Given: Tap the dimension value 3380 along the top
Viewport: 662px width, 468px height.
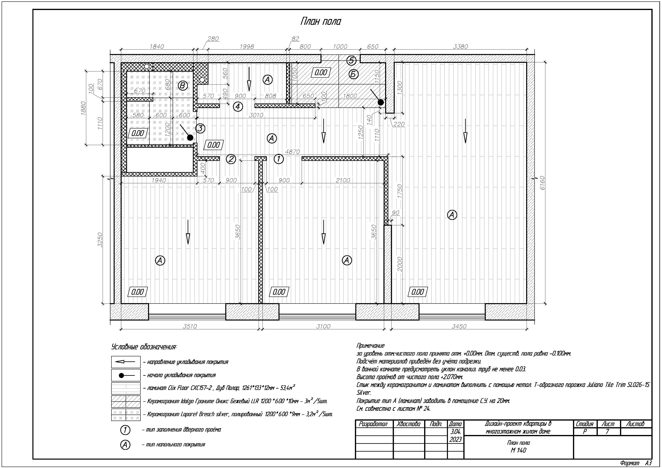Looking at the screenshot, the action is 461,47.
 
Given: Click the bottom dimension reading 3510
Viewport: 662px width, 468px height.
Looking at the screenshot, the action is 190,326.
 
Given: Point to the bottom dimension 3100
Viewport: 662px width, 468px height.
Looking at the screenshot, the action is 323,326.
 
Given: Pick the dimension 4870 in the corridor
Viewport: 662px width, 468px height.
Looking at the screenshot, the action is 292,152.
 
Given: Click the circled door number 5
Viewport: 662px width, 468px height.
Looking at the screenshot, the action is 351,61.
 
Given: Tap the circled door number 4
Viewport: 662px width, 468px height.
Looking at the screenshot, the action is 238,107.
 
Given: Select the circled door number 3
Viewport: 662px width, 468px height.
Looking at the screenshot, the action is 200,128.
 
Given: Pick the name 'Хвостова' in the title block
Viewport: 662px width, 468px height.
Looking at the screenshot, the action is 409,424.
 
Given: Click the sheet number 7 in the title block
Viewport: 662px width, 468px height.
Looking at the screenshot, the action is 607,432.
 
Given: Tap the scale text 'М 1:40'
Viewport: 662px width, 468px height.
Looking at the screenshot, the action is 518,450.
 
